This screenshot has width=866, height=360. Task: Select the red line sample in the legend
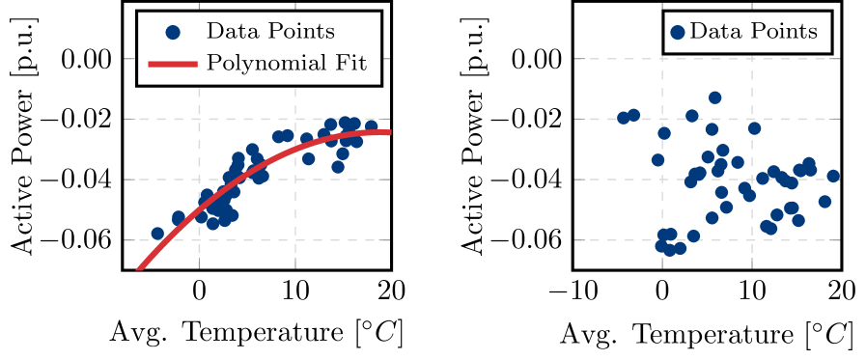pyautogui.click(x=173, y=66)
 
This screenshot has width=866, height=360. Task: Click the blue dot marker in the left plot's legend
pyautogui.click(x=173, y=32)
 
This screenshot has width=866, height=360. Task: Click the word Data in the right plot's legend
pyautogui.click(x=715, y=32)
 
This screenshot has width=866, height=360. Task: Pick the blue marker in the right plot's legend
pyautogui.click(x=678, y=32)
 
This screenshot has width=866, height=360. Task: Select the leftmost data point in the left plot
pyautogui.click(x=157, y=234)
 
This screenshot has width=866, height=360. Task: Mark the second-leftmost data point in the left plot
pyautogui.click(x=178, y=218)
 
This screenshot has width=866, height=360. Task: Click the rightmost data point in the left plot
pyautogui.click(x=371, y=126)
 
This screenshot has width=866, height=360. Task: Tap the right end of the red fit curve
pyautogui.click(x=388, y=131)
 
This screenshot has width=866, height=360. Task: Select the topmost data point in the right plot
pyautogui.click(x=714, y=97)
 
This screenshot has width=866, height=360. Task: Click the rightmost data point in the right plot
pyautogui.click(x=833, y=176)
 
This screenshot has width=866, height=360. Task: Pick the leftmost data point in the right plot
pyautogui.click(x=623, y=118)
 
